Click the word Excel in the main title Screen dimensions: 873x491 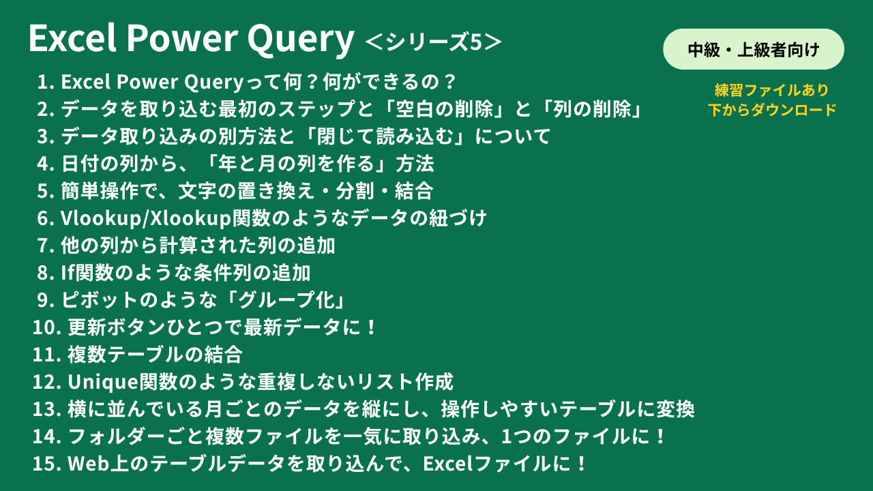pos(73,38)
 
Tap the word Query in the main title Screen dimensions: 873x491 pos(301,40)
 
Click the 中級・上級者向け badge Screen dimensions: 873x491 pos(754,50)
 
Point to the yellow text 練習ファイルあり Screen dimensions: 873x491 pos(771,90)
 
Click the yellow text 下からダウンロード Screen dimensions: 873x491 pos(772,110)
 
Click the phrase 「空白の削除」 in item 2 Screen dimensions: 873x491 pos(444,109)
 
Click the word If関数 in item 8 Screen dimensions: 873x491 pos(87,273)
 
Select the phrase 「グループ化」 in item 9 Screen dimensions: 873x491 pos(286,300)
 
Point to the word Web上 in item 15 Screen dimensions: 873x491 pos(98,464)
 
